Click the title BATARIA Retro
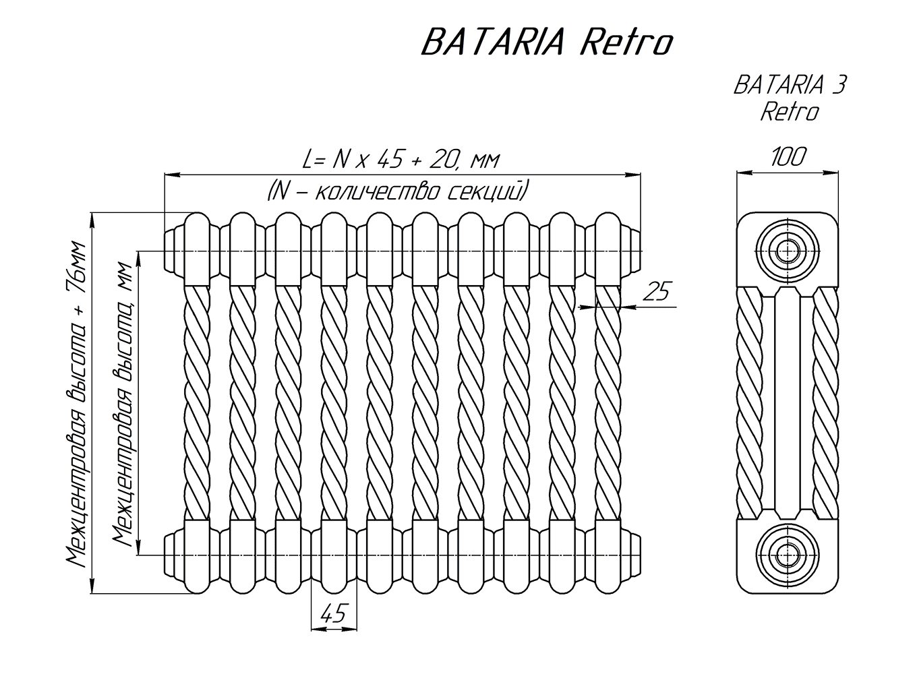(x=546, y=43)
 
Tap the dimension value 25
(x=656, y=291)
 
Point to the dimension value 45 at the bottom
(x=333, y=613)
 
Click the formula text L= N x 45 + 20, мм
(x=402, y=160)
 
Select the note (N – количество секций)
(x=397, y=191)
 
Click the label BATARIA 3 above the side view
(x=789, y=86)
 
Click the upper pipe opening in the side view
(x=787, y=251)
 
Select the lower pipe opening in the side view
(x=787, y=555)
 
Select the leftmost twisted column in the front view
(x=197, y=402)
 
